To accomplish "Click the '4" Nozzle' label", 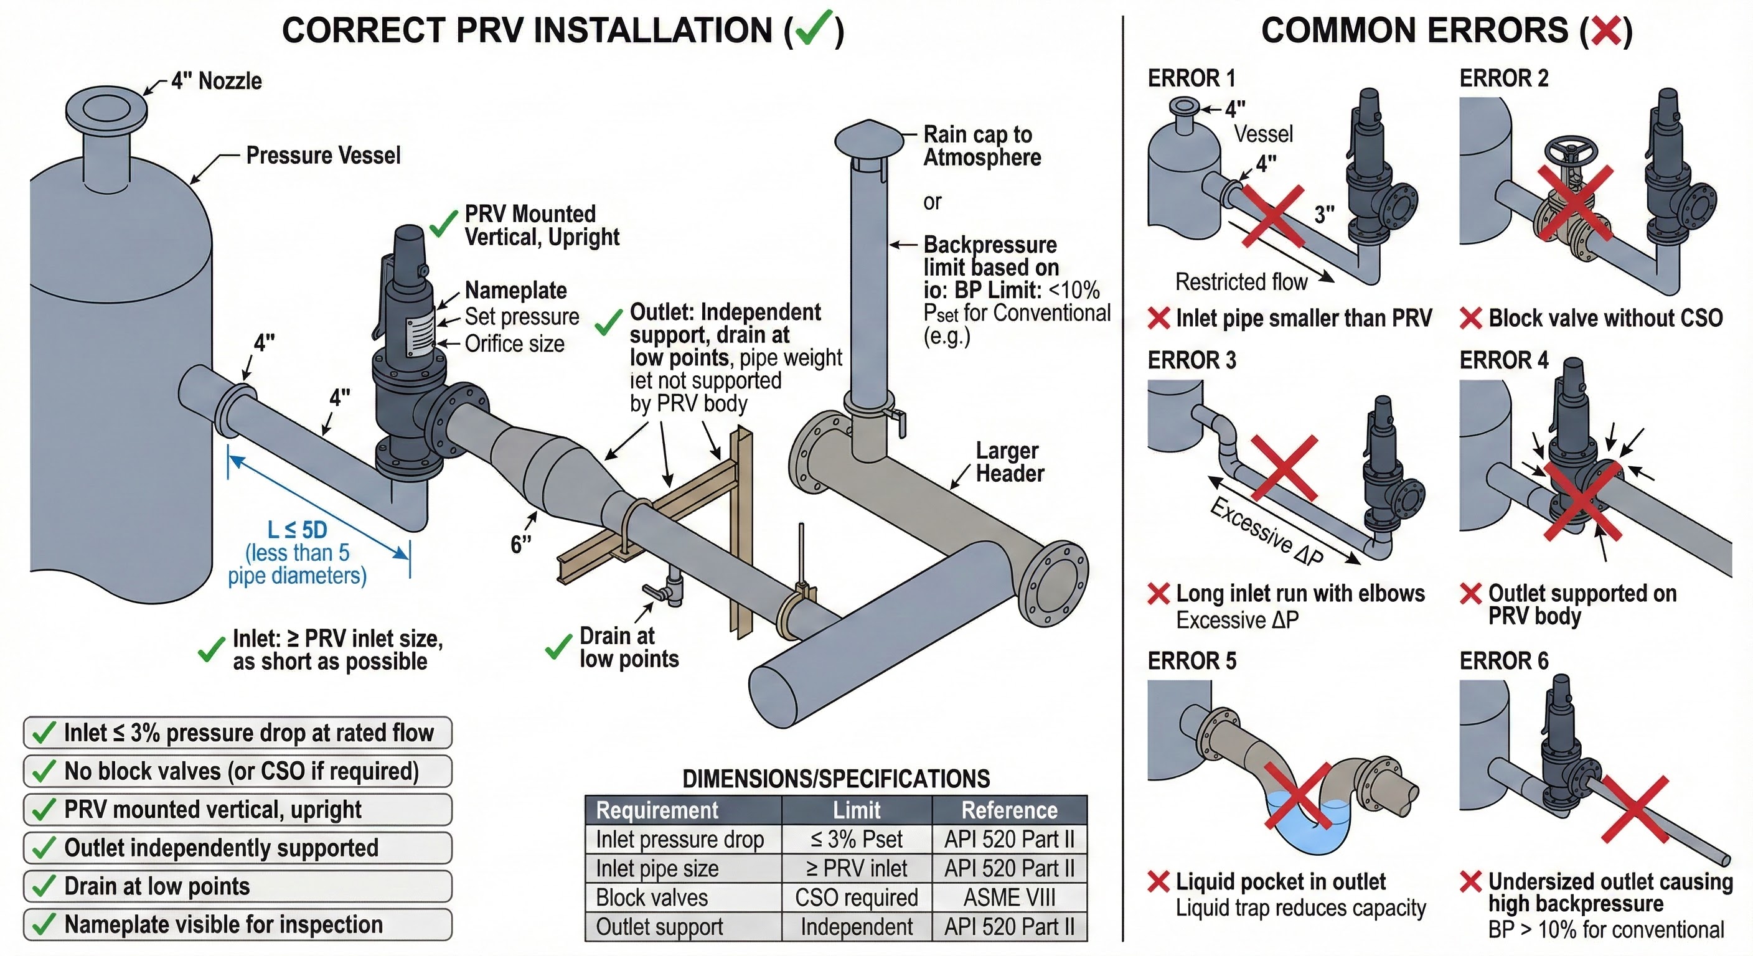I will click(x=217, y=81).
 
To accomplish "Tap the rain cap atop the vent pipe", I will click(x=869, y=139).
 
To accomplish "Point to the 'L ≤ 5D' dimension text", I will click(x=298, y=530).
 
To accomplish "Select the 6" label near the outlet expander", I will click(x=520, y=543).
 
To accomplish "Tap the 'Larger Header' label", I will click(x=1008, y=462).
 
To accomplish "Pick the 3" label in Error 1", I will click(x=1324, y=215).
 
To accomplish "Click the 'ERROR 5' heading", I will click(x=1191, y=661).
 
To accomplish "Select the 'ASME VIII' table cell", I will click(x=1009, y=897).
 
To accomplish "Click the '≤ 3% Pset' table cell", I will click(x=856, y=839).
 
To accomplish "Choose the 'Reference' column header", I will click(x=1009, y=810).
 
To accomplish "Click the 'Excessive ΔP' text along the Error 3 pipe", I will click(x=1266, y=532).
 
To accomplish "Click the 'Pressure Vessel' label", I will click(x=323, y=156).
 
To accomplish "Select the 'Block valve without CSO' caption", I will click(x=1605, y=318).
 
